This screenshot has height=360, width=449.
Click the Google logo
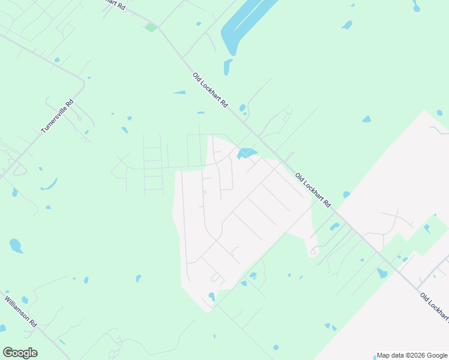20,353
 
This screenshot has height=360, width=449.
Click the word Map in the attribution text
384,355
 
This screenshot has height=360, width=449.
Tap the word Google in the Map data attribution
437,355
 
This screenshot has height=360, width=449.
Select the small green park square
151,27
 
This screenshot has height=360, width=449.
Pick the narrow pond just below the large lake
228,67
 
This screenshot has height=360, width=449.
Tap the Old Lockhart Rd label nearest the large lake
210,90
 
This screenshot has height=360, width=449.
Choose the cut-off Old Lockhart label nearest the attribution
434,306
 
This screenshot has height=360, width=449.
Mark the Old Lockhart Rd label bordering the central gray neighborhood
313,190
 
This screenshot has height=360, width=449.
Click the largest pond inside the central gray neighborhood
246,154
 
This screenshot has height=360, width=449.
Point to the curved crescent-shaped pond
49,184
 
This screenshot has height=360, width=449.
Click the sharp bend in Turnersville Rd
83,81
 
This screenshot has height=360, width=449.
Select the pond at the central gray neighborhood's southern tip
212,296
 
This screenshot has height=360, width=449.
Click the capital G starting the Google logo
7,353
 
